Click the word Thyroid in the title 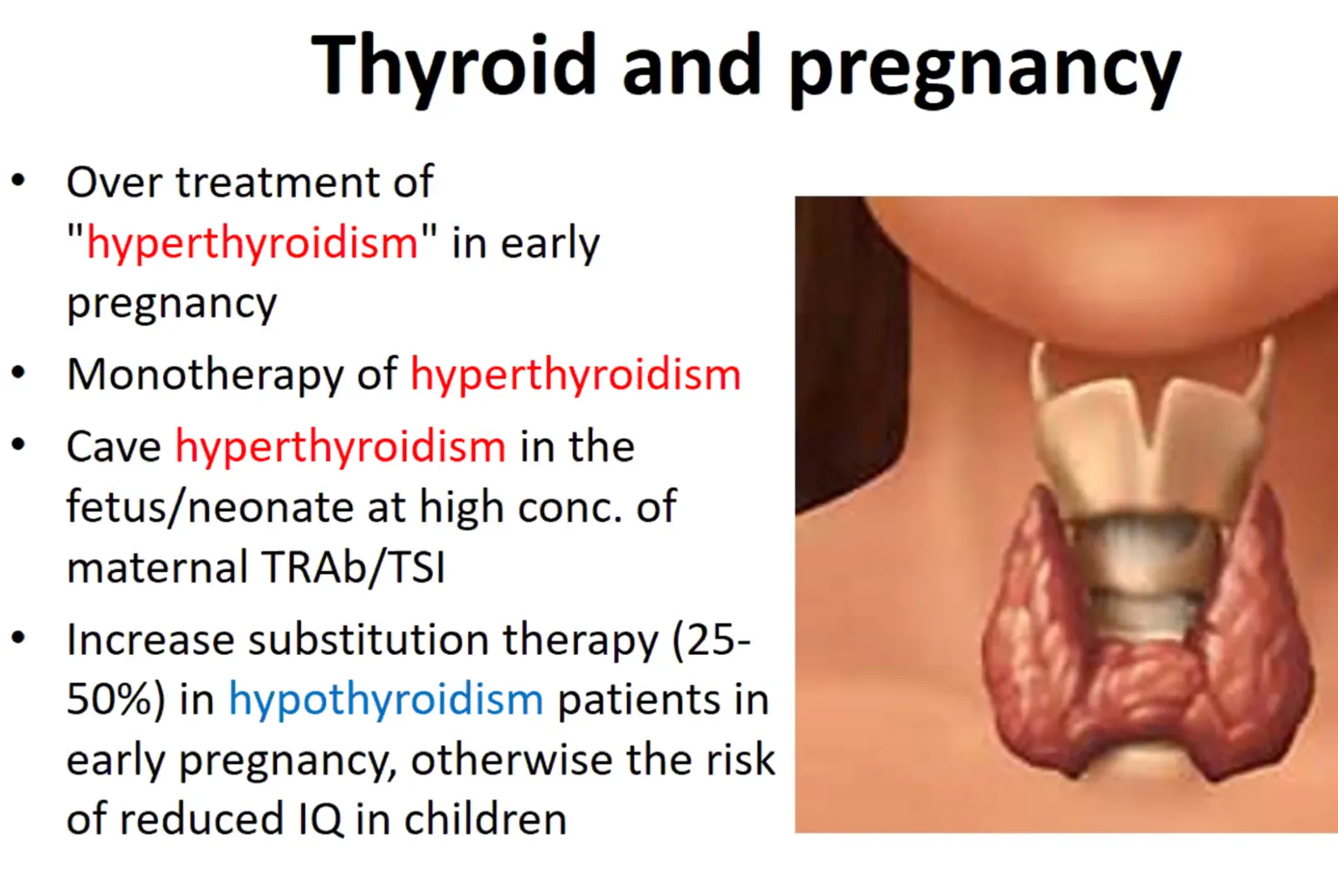455,67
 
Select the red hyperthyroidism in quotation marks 253,244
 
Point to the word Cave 114,447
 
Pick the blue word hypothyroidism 386,700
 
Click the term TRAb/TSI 354,566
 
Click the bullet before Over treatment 18,180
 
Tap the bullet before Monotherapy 18,373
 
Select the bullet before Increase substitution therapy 18,638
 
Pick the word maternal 157,566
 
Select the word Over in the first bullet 115,182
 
